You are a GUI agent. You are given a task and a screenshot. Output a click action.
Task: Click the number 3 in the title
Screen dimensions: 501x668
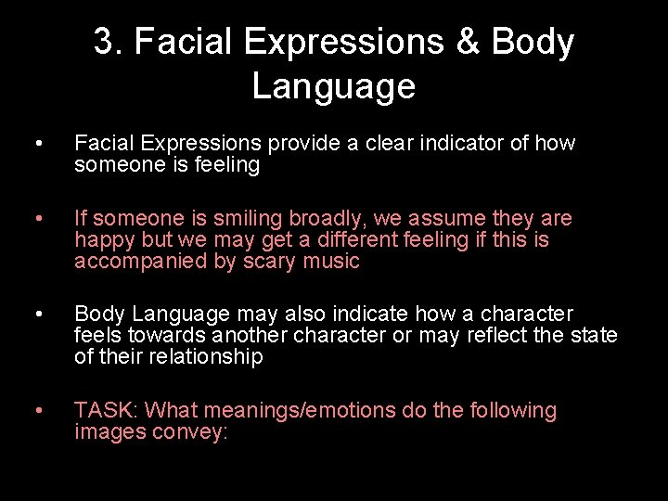click(x=104, y=43)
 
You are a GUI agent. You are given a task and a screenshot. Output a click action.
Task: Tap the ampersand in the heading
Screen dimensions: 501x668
click(x=469, y=43)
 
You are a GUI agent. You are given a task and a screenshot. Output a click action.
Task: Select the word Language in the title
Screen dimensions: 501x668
click(x=333, y=86)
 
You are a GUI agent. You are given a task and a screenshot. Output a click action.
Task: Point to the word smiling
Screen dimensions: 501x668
click(x=248, y=219)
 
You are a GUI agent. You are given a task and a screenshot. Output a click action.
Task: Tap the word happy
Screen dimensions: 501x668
click(x=102, y=240)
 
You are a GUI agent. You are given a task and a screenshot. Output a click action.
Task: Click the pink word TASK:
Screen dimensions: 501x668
click(x=106, y=410)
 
